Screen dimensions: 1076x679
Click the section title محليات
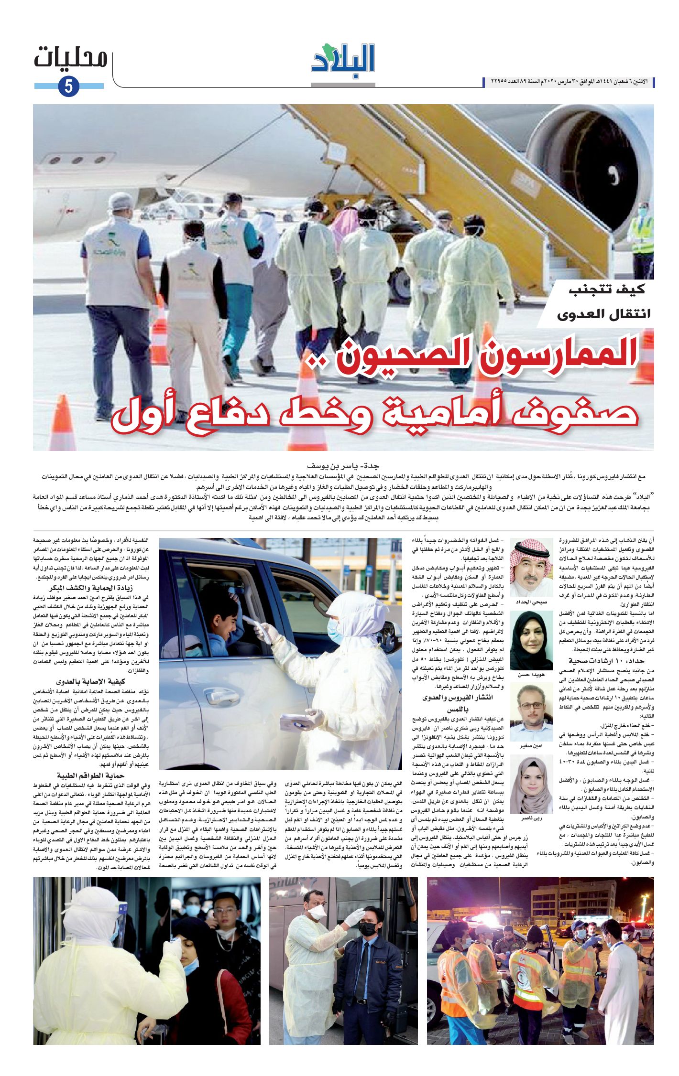click(x=71, y=59)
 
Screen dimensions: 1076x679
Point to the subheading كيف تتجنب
click(x=607, y=289)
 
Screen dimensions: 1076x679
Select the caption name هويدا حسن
click(x=531, y=675)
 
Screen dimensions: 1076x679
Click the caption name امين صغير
click(x=531, y=746)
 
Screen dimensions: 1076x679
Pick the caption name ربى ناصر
click(x=531, y=818)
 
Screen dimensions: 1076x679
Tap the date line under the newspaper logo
click(x=569, y=82)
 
